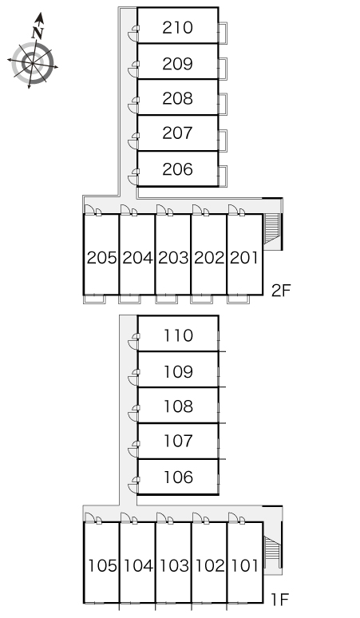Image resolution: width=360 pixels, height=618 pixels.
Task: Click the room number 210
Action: point(177,28)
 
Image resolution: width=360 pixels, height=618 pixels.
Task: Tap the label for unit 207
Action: point(177,133)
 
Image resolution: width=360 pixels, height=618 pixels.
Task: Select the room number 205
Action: point(101,258)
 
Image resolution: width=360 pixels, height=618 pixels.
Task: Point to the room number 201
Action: point(244,258)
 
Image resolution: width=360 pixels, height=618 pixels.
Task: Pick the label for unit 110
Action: point(178,335)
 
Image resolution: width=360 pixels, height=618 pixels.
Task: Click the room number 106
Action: point(178,477)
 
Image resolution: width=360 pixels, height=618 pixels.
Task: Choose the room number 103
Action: point(174,566)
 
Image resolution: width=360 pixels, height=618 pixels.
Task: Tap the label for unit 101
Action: point(244,566)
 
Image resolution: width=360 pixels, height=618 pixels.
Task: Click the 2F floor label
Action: point(281,291)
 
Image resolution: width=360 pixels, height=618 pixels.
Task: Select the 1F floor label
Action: point(280,600)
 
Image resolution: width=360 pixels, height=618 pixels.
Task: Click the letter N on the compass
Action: point(38,32)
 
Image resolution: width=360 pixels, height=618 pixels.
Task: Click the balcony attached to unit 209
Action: point(223,69)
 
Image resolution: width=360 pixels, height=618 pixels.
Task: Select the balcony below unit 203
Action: point(166,299)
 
